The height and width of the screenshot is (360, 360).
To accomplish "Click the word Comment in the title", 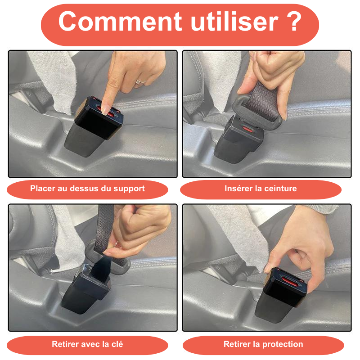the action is (120, 21).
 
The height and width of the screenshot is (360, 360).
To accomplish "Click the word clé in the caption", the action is (116, 344).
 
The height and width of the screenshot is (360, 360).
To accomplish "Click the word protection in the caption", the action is (283, 344).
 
